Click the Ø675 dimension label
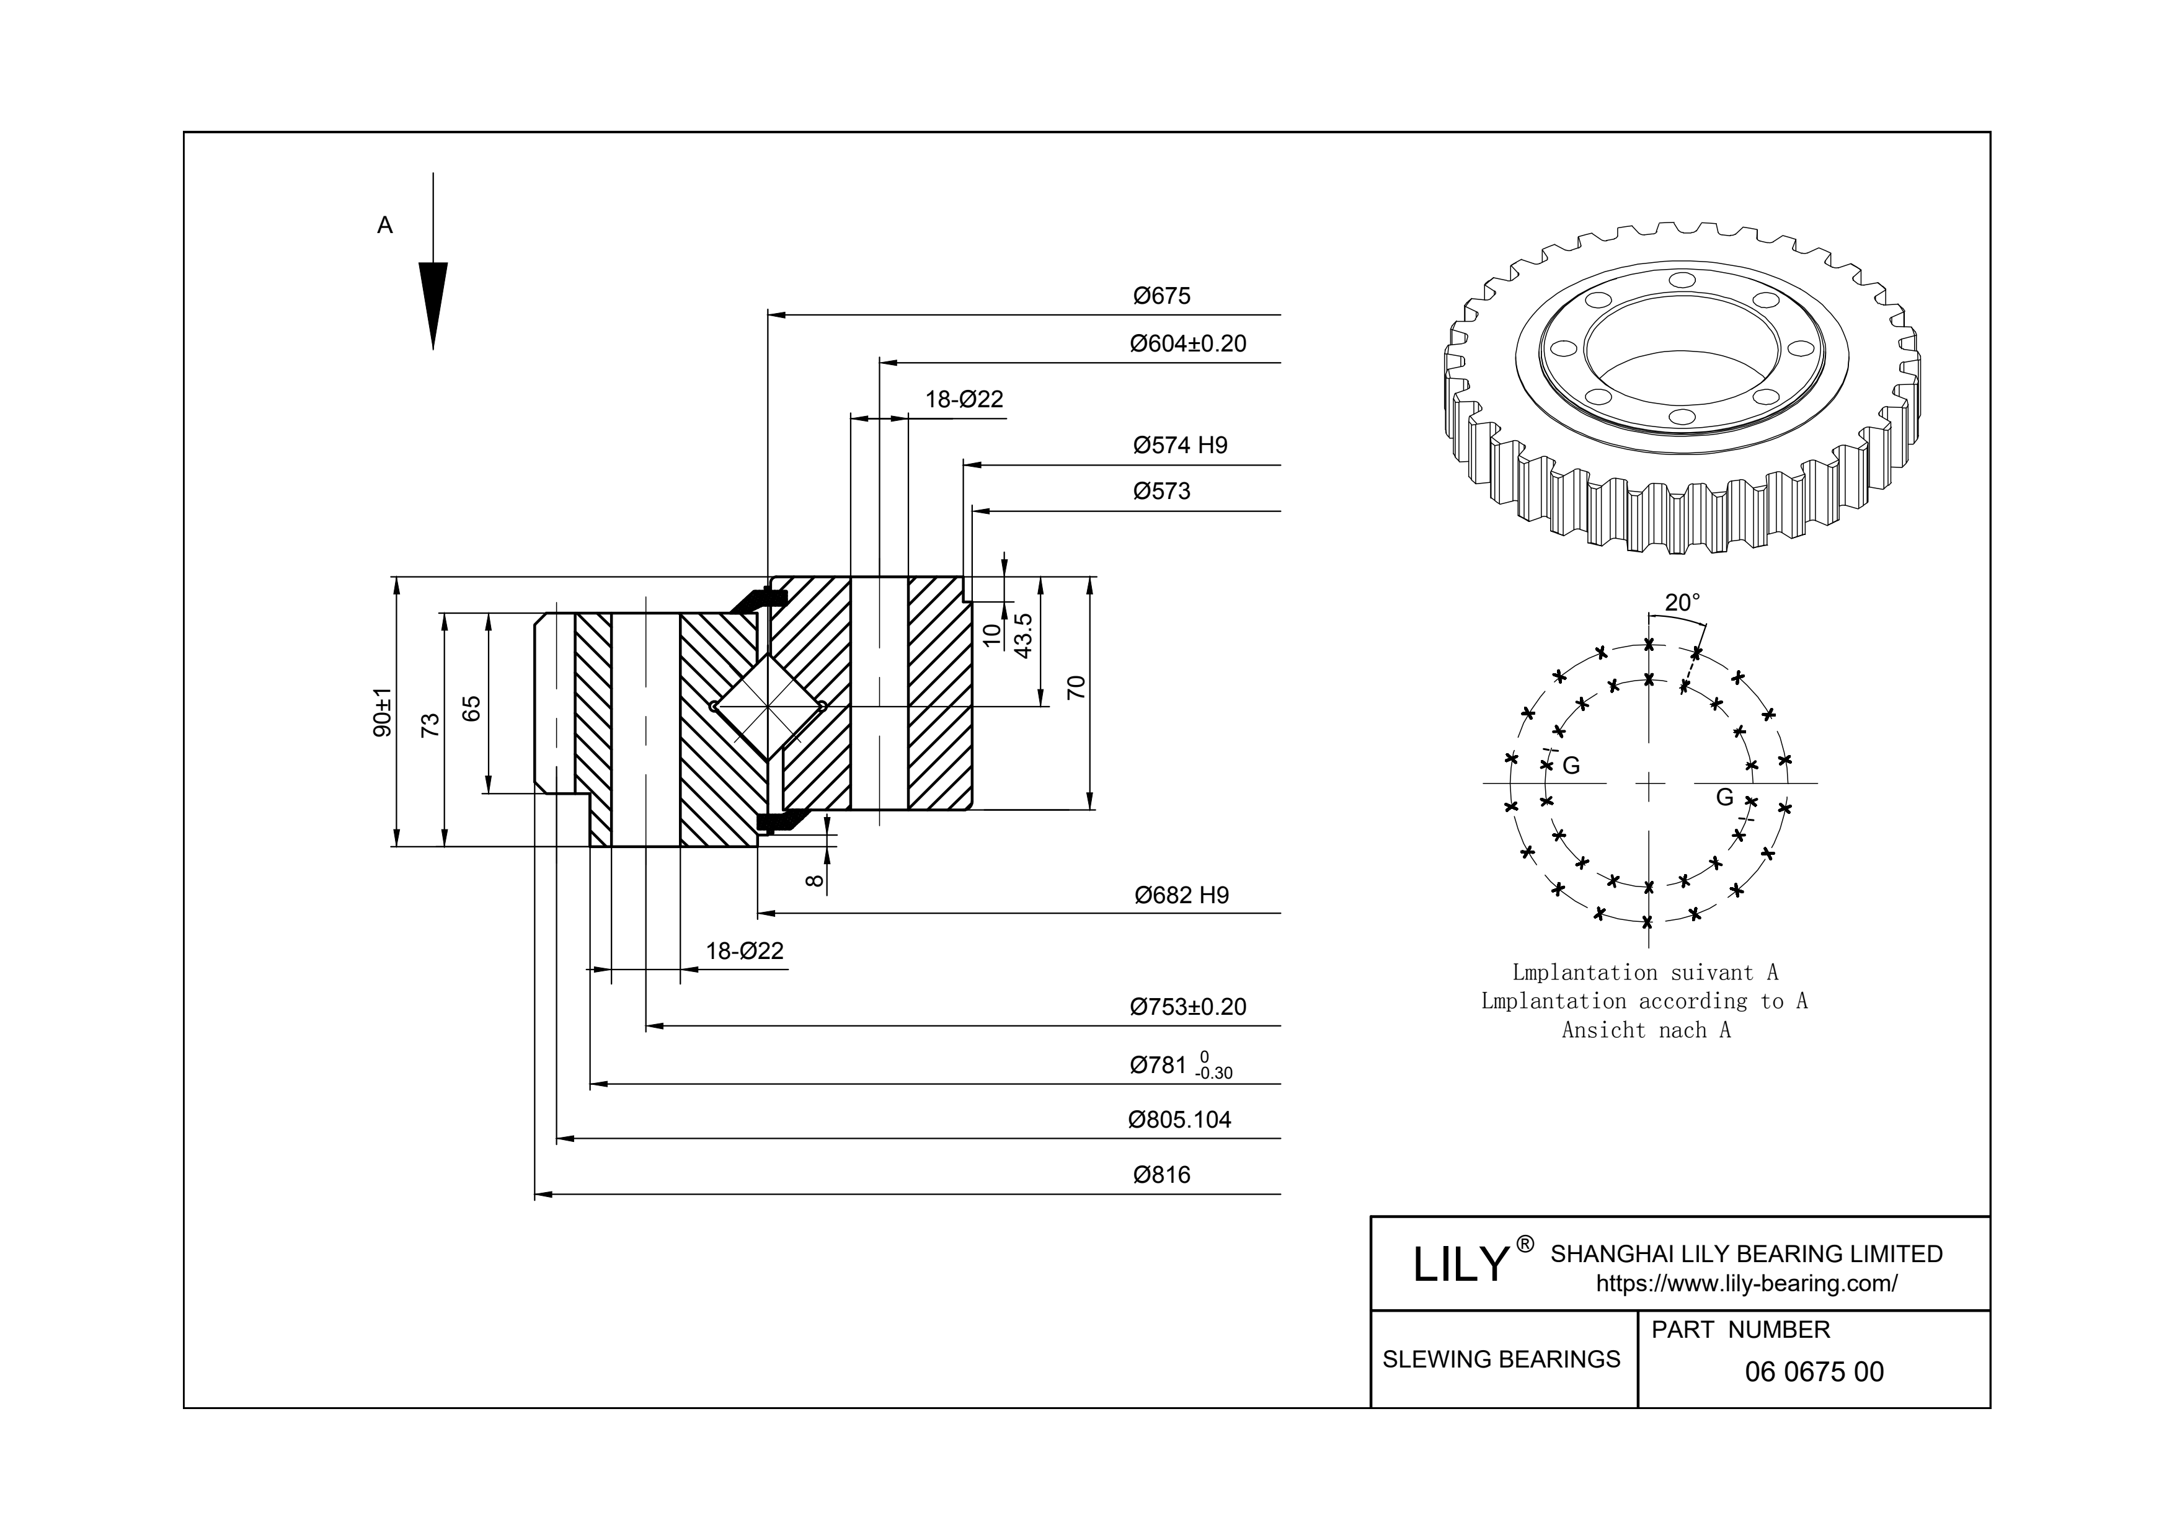pyautogui.click(x=1161, y=296)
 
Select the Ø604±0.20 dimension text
pyautogui.click(x=1187, y=343)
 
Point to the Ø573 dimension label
pyautogui.click(x=1161, y=491)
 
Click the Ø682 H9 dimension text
pyautogui.click(x=1181, y=895)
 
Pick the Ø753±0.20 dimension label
pyautogui.click(x=1187, y=1007)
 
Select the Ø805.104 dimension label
pyautogui.click(x=1179, y=1120)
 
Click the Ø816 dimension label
pyautogui.click(x=1161, y=1175)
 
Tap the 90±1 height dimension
pyautogui.click(x=382, y=712)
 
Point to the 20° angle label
pyautogui.click(x=1682, y=602)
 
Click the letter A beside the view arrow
pyautogui.click(x=385, y=226)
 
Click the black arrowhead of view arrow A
pyautogui.click(x=433, y=303)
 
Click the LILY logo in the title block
pyautogui.click(x=1460, y=1264)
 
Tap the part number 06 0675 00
pyautogui.click(x=1814, y=1372)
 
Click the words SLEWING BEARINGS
pyautogui.click(x=1501, y=1359)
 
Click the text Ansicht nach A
pyautogui.click(x=1646, y=1031)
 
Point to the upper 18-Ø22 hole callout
pyautogui.click(x=964, y=399)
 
